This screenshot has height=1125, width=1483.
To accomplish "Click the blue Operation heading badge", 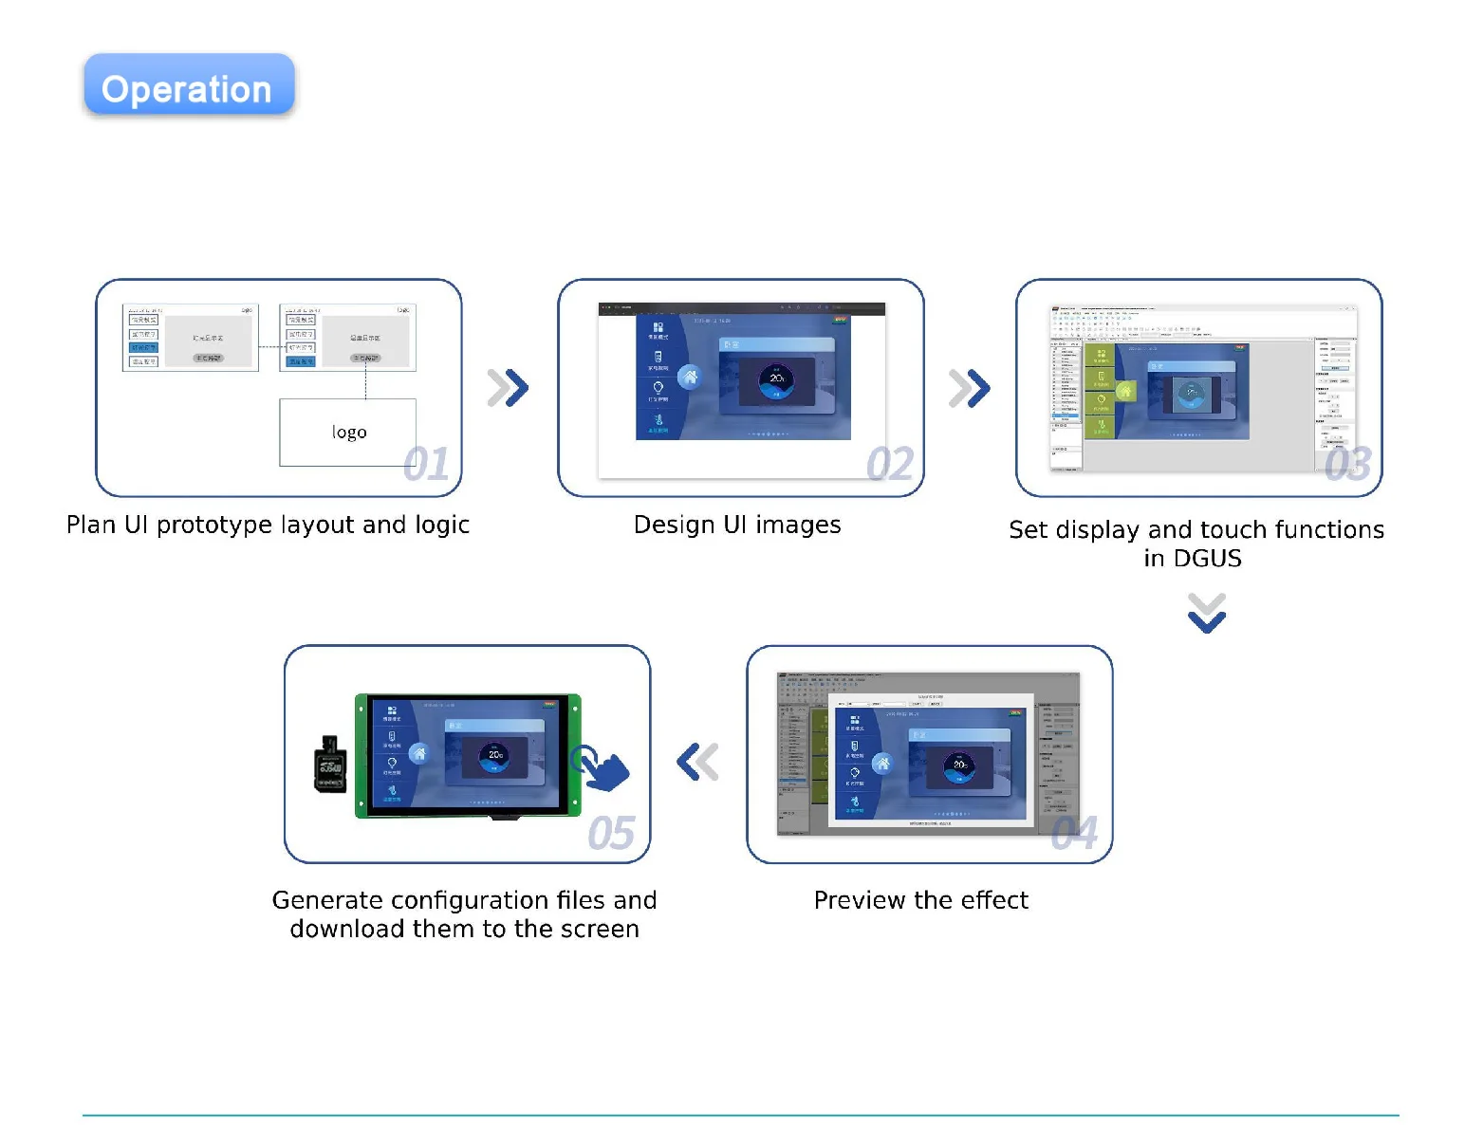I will (x=189, y=86).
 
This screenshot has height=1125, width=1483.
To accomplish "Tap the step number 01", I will (x=425, y=465).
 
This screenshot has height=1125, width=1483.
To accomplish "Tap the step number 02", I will (x=889, y=465).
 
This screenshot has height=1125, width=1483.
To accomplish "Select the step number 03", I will (x=1347, y=465).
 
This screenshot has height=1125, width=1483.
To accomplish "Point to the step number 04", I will (x=1074, y=834).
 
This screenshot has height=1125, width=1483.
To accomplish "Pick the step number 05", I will (x=611, y=834).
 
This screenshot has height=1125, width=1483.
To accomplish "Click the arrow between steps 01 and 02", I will (x=509, y=387).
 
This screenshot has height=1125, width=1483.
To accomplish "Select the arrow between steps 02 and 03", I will (x=970, y=387).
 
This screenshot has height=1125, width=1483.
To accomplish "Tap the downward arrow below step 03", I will (x=1207, y=613).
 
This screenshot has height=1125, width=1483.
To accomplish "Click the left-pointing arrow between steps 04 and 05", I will (x=698, y=762).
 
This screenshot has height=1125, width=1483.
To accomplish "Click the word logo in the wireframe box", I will (x=349, y=433).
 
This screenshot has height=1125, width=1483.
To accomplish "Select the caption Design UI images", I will (x=737, y=526).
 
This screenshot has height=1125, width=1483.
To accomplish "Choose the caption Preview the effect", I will (x=920, y=900).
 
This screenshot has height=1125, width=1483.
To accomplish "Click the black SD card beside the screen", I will (x=330, y=765).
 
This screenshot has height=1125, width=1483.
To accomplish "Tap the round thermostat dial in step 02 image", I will (x=777, y=379).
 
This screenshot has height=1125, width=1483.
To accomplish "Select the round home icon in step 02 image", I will (x=691, y=378).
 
